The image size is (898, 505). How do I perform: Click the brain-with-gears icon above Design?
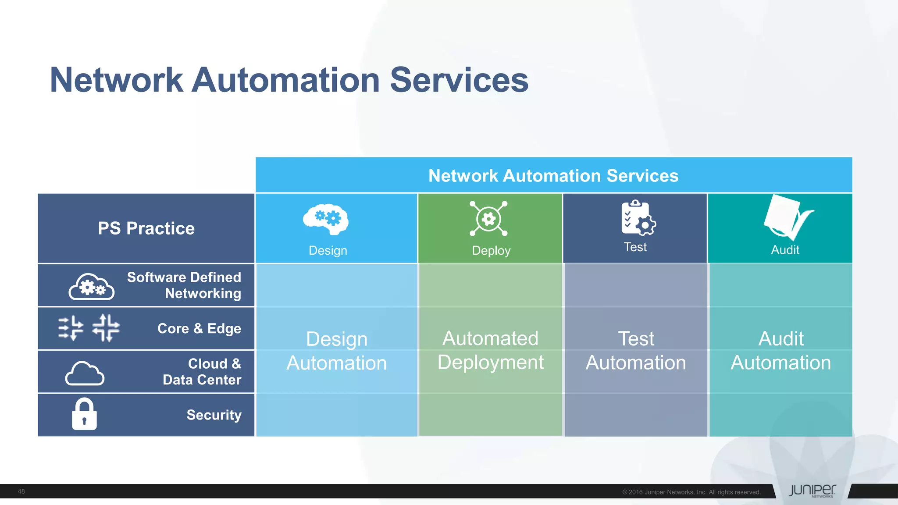326,219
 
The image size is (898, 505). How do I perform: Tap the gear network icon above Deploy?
488,218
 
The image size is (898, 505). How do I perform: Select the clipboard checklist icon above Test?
638,218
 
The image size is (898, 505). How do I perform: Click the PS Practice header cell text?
146,228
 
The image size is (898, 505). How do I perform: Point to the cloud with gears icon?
91,287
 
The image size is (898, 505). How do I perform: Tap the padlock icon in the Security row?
84,414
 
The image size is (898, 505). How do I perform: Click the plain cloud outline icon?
85,373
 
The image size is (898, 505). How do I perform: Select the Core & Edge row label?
199,328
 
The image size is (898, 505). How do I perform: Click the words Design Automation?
336,351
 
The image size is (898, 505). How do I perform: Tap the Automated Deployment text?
490,350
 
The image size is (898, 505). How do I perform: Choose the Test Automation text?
635,351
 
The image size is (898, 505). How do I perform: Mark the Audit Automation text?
780,351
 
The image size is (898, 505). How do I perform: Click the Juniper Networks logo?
812,491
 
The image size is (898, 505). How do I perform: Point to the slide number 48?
21,491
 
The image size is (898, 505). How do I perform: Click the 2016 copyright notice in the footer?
691,492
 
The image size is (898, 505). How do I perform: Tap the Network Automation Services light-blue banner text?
553,176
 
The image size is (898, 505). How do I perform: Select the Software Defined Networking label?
184,285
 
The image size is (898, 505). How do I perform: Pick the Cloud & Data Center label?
202,372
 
